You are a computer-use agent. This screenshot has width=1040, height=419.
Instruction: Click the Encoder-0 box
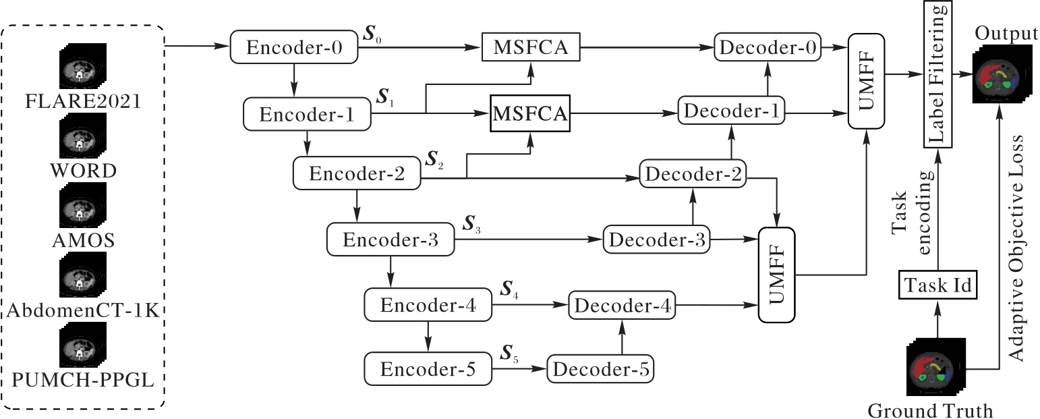294,48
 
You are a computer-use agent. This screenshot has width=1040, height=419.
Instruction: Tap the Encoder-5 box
428,369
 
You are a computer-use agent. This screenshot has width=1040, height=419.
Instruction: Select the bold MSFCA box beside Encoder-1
530,113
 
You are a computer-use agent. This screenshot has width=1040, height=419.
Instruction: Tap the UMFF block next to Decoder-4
777,275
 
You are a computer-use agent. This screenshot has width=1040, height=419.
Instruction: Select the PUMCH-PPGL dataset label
83,381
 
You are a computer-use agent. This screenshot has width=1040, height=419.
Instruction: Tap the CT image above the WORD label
82,135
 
